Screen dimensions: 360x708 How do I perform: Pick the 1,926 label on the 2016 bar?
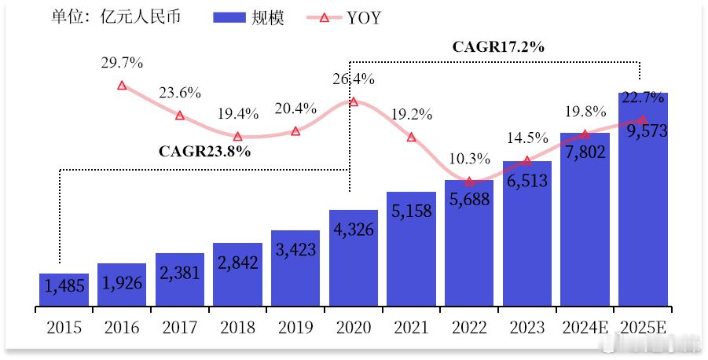pyautogui.click(x=122, y=282)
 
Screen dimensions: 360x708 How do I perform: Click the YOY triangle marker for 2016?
pyautogui.click(x=122, y=85)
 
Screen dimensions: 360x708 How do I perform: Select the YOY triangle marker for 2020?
pyautogui.click(x=354, y=102)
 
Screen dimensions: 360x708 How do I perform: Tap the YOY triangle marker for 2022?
pyautogui.click(x=469, y=182)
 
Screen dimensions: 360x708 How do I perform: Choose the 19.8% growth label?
pyautogui.click(x=585, y=110)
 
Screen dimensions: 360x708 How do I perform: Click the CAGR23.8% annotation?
pyautogui.click(x=204, y=151)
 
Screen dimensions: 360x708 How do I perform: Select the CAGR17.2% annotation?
pyautogui.click(x=499, y=46)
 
